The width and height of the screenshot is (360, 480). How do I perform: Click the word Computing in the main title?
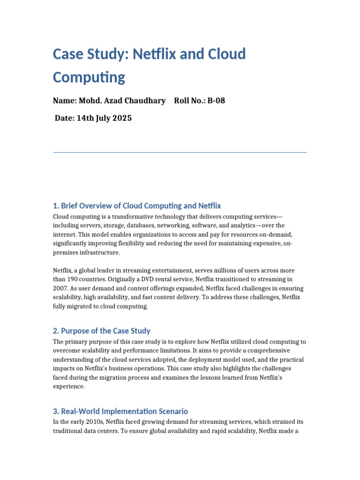tap(89, 77)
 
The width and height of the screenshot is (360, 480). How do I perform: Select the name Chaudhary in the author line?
tap(145, 101)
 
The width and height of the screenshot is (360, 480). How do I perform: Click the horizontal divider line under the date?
tap(180, 152)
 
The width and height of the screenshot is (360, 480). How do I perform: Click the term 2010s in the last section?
tap(95, 422)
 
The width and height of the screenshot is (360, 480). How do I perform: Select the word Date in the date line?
tap(64, 118)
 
